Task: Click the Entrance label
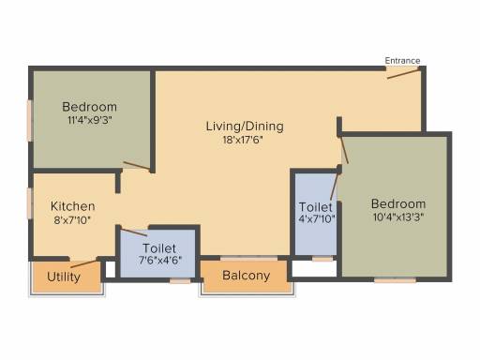click(402, 61)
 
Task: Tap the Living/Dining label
click(245, 127)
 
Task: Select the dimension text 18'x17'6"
click(243, 140)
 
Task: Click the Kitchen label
click(73, 206)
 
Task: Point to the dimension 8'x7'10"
click(72, 220)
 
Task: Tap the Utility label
click(64, 277)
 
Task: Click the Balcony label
click(247, 276)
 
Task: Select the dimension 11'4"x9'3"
click(90, 120)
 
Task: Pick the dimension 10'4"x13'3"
click(398, 217)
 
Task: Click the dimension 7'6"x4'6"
click(160, 260)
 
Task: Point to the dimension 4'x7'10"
click(317, 218)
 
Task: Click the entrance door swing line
click(403, 74)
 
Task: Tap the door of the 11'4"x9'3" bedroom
click(137, 166)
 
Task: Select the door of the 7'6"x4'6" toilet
click(134, 232)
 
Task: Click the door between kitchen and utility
click(83, 263)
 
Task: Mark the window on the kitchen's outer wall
click(30, 203)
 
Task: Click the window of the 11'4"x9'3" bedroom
click(30, 121)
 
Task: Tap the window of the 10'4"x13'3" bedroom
click(395, 280)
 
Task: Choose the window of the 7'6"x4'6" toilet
click(180, 281)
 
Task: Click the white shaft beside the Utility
click(111, 269)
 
